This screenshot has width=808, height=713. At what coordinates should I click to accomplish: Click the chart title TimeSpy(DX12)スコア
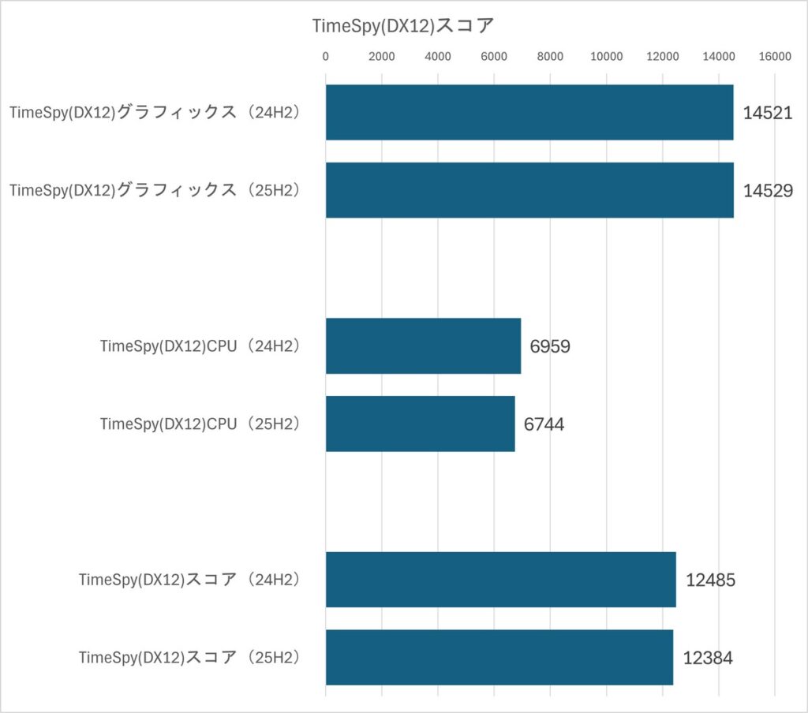click(402, 25)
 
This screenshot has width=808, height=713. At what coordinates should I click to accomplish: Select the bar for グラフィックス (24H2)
click(529, 112)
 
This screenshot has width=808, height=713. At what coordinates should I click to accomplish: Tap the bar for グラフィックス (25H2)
click(529, 190)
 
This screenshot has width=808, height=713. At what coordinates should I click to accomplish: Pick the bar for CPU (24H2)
click(423, 346)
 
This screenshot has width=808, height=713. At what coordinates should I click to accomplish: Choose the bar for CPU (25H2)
click(420, 424)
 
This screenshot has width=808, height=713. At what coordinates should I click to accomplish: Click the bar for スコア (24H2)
click(500, 580)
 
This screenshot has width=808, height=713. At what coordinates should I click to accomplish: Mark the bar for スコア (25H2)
click(499, 657)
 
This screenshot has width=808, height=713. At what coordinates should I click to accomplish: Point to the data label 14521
click(767, 113)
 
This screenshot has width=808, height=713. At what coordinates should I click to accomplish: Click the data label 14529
click(767, 190)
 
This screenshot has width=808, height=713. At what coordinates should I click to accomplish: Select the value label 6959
click(550, 346)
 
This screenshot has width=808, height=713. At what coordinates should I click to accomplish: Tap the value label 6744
click(544, 424)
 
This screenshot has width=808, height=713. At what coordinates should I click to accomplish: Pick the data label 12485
click(710, 580)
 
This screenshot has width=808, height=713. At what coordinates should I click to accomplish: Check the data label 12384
click(708, 658)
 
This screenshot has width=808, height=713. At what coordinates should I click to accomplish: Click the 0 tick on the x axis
click(326, 57)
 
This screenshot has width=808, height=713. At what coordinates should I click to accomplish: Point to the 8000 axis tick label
click(550, 57)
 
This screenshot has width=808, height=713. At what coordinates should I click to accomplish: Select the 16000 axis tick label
click(774, 57)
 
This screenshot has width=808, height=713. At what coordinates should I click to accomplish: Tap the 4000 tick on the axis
click(438, 57)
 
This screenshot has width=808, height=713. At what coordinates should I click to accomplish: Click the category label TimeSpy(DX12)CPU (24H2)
click(201, 346)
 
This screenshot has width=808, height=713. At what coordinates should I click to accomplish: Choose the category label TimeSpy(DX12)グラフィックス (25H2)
click(155, 190)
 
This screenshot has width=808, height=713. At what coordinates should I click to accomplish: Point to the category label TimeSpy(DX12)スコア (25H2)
click(190, 657)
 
